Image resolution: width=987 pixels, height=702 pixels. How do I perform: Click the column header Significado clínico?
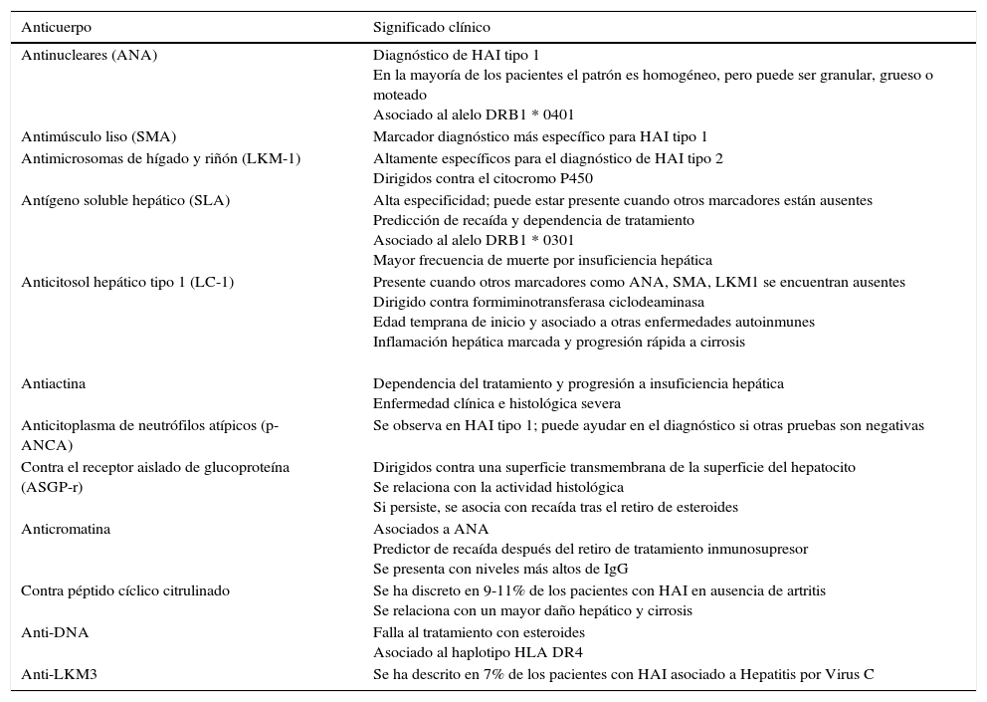pyautogui.click(x=431, y=28)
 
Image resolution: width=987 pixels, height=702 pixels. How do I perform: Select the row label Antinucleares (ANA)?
pyautogui.click(x=89, y=56)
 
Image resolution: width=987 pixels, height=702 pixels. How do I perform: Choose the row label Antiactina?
pyautogui.click(x=54, y=383)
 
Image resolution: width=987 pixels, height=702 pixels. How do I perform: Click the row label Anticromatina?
pyautogui.click(x=66, y=529)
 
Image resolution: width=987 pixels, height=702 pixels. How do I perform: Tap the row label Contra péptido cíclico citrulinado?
pyautogui.click(x=125, y=590)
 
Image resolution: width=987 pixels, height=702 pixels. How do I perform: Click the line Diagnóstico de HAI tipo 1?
pyautogui.click(x=456, y=56)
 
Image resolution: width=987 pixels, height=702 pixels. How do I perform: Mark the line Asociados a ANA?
pyautogui.click(x=431, y=529)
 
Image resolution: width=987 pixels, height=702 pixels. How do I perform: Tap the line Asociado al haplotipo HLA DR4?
pyautogui.click(x=478, y=653)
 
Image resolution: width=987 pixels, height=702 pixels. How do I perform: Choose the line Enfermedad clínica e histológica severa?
pyautogui.click(x=496, y=403)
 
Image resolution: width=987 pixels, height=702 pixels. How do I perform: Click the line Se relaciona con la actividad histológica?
pyautogui.click(x=497, y=487)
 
